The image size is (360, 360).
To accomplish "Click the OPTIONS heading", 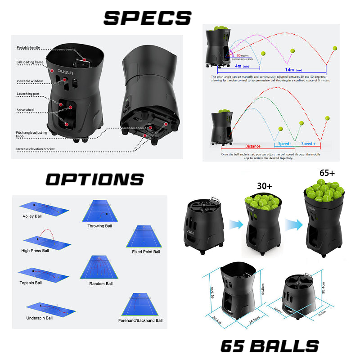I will [x=94, y=180].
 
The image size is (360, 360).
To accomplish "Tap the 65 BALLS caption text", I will [x=269, y=346].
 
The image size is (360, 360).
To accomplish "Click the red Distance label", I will [x=252, y=146].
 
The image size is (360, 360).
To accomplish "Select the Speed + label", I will [x=308, y=144].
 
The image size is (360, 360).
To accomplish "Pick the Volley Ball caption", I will [x=32, y=216].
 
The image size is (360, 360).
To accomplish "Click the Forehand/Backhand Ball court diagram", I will [x=140, y=305].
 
